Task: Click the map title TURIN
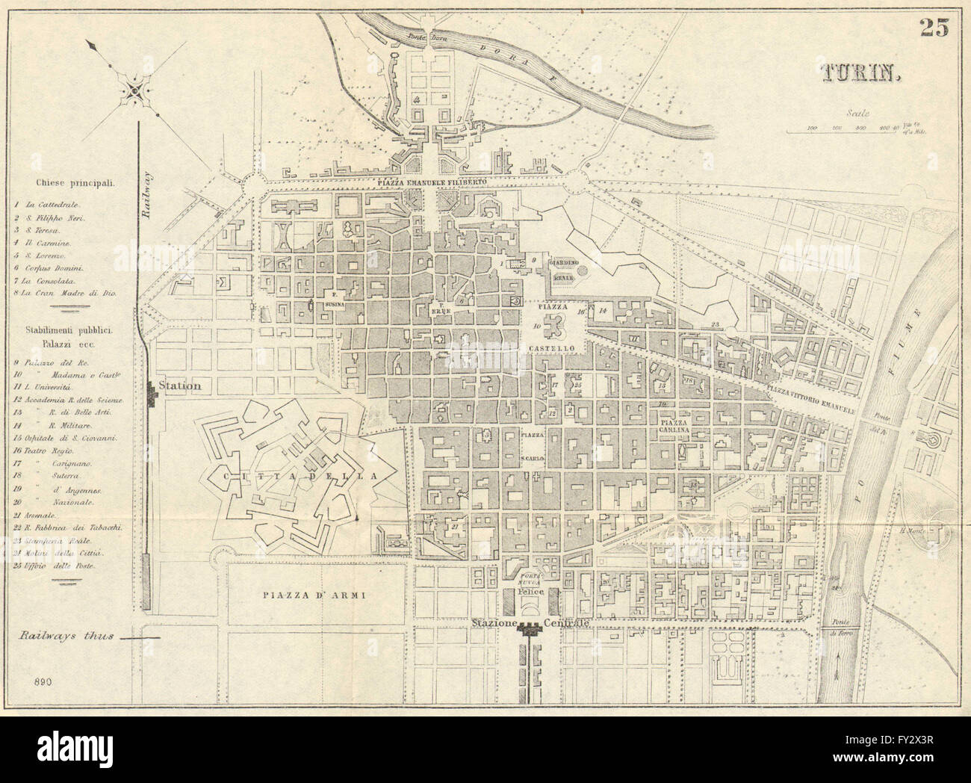point(862,72)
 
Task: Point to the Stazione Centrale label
point(530,622)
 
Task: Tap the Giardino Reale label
point(562,270)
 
